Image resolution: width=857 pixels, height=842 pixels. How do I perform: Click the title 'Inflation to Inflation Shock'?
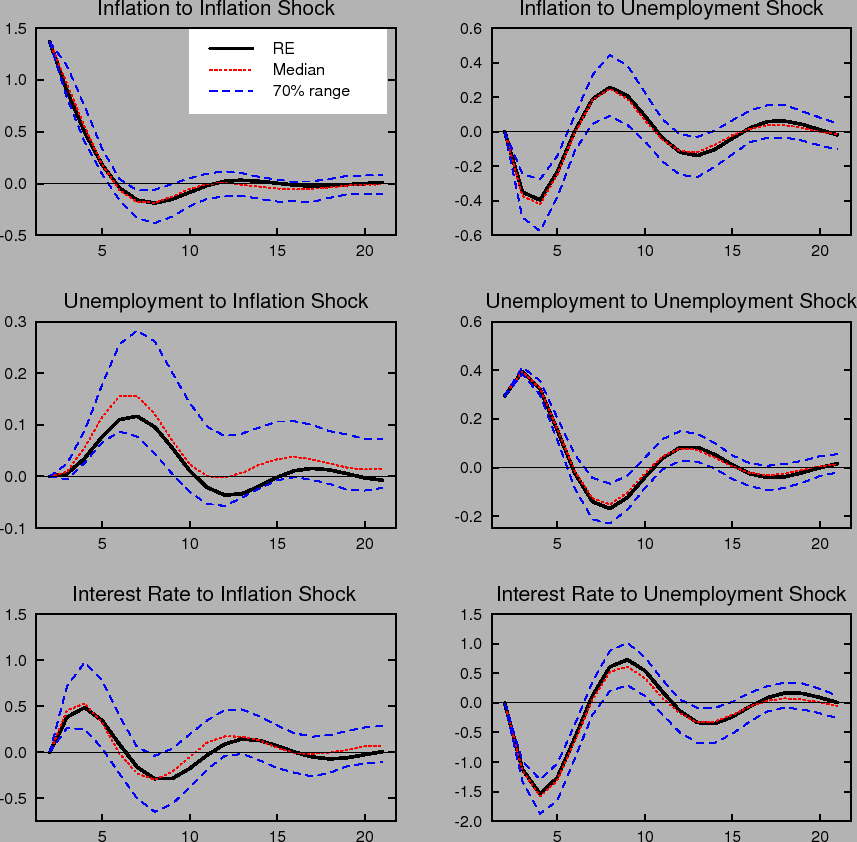click(215, 9)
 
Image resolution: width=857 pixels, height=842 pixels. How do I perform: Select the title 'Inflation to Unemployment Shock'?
click(671, 9)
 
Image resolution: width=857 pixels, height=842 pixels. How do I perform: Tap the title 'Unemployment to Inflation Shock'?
click(215, 301)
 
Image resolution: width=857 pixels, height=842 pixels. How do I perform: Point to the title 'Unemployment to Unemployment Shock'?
click(671, 301)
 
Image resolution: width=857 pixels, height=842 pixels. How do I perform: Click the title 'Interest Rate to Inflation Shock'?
click(214, 594)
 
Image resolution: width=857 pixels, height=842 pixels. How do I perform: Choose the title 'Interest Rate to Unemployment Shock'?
click(671, 594)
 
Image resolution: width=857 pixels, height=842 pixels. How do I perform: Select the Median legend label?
click(298, 70)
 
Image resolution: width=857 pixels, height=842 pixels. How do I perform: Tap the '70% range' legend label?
click(311, 91)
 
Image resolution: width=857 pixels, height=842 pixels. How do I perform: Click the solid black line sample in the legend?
click(230, 48)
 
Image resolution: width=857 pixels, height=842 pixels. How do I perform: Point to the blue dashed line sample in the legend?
click(230, 91)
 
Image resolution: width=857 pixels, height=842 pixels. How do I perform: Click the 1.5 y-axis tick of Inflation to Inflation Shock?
click(16, 29)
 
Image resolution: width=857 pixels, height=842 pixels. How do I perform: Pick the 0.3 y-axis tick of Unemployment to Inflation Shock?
click(16, 322)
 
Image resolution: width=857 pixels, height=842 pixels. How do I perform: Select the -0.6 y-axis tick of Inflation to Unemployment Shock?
click(471, 236)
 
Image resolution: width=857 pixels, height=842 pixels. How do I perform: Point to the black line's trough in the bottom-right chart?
click(540, 795)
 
